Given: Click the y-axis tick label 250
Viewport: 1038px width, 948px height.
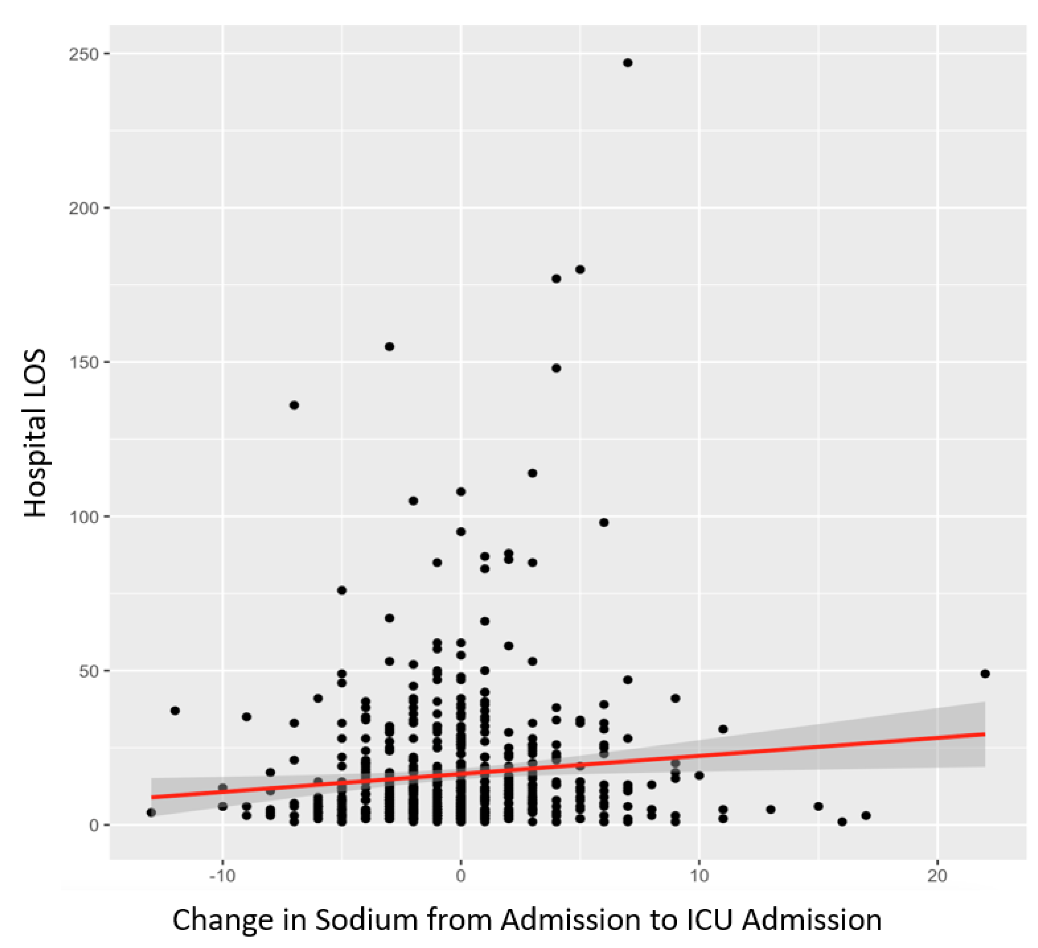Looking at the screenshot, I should coord(83,54).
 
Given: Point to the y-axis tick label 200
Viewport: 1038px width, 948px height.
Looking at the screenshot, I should coord(83,208).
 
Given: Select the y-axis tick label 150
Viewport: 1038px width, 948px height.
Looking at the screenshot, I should coord(83,363).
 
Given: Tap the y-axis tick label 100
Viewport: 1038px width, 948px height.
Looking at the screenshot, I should coord(83,517).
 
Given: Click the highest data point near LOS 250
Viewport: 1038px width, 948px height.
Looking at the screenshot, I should coord(628,63).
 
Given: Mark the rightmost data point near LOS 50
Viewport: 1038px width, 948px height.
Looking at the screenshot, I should coord(985,673).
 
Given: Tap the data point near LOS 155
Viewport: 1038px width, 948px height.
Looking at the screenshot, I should coord(390,347).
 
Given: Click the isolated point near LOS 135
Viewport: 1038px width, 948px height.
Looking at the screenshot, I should coord(294,405).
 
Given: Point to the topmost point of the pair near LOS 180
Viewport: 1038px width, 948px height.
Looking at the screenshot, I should coord(580,269).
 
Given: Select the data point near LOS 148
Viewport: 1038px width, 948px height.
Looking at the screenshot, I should coord(556,368).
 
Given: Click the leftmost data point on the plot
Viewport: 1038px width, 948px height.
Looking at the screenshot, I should coord(151,813).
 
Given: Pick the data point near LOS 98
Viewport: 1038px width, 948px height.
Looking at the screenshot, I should coord(604,523).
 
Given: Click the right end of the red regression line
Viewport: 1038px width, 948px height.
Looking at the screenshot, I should coord(984,734).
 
